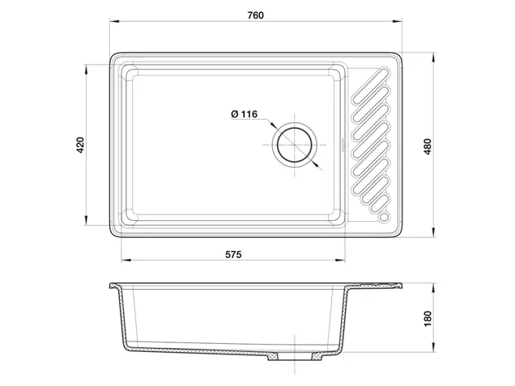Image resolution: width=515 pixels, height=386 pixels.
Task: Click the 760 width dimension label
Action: pos(256,15)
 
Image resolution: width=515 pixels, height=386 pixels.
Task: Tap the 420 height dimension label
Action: pos(80,145)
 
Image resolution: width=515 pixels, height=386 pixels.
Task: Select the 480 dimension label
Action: pos(428,146)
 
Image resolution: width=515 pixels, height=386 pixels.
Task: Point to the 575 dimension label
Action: pos(233,254)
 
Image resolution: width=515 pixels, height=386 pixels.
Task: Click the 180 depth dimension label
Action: pos(428,319)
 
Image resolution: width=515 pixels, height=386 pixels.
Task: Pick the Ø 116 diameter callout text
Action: pos(245,114)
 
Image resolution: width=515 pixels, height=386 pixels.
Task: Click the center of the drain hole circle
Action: pos(294,145)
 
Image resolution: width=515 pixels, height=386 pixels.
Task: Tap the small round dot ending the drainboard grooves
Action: pos(384,216)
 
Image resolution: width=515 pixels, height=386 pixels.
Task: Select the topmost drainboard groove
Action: pos(371,86)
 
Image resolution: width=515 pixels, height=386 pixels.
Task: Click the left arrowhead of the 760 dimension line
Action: pos(114,22)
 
